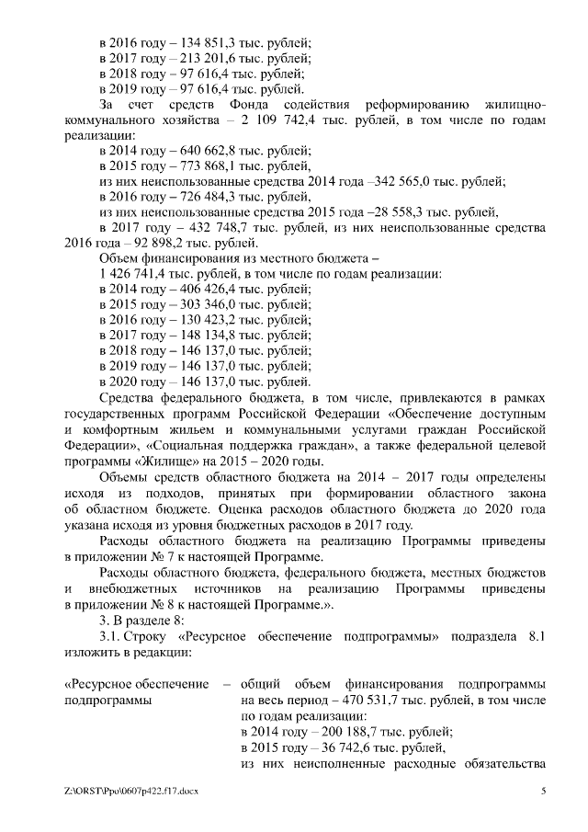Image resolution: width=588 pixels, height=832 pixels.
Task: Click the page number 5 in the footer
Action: pos(543,791)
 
